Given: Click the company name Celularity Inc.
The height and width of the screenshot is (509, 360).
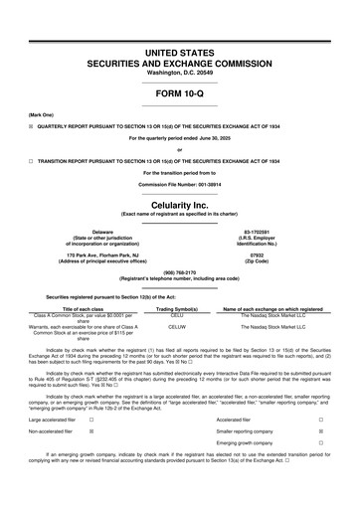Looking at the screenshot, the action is [x=179, y=203].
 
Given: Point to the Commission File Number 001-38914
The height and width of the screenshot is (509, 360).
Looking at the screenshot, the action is [x=179, y=185].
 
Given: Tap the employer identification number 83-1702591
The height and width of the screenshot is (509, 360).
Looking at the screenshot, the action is [x=264, y=231].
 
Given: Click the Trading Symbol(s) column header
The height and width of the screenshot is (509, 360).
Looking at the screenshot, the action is [x=178, y=309].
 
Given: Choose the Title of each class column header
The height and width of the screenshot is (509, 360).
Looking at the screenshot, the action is [x=90, y=309].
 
